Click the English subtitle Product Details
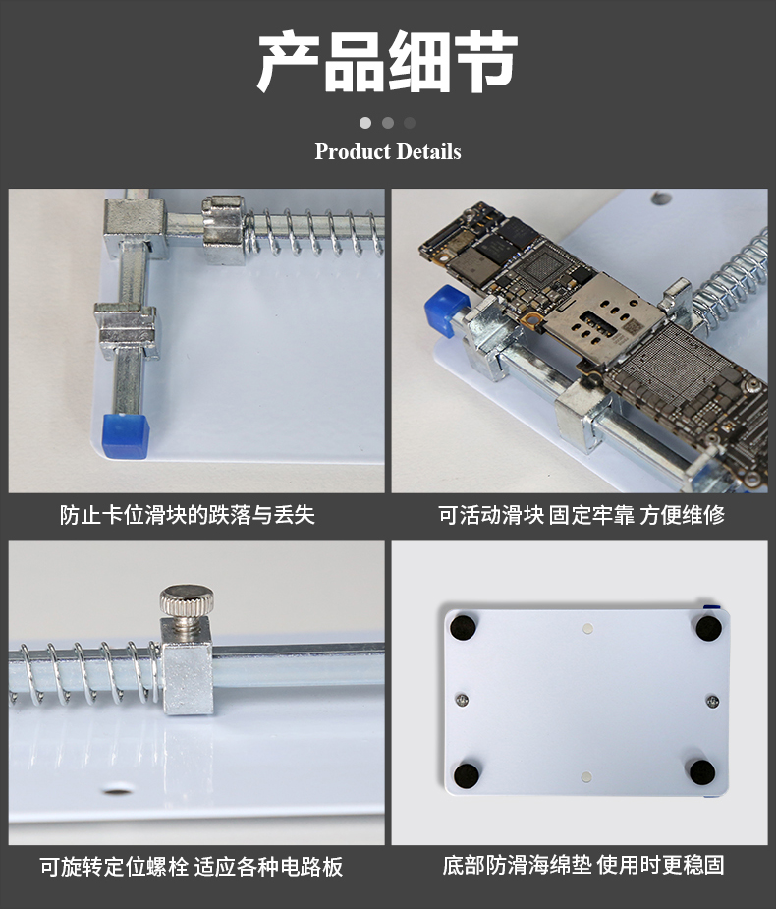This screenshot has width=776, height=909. (388, 152)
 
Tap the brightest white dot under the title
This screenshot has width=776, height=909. (365, 123)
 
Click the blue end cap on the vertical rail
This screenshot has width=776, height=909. (126, 436)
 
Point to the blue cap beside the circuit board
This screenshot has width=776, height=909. (445, 311)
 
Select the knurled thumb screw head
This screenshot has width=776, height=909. (187, 600)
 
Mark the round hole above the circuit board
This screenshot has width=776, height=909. (661, 199)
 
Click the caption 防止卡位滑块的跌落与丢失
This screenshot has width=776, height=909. (188, 515)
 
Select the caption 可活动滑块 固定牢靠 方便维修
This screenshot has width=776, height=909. (581, 515)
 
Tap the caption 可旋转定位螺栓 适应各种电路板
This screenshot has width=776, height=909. (192, 867)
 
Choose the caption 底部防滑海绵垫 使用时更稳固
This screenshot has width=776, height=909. (583, 865)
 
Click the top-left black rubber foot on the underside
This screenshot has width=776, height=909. (464, 627)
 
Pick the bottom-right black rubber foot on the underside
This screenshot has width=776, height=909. (702, 772)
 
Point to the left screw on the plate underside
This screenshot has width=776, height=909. (462, 700)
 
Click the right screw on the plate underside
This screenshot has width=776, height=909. (713, 702)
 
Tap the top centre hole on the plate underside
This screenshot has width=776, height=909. (587, 628)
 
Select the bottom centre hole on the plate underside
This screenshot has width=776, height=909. (586, 776)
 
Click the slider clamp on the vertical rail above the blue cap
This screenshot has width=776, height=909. (127, 331)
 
